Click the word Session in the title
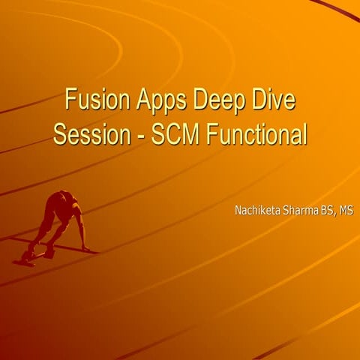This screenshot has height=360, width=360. point(89,136)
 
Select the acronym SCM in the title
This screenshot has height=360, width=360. point(167,136)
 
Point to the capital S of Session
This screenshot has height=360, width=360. point(60,136)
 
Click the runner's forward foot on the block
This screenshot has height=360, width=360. point(49,253)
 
